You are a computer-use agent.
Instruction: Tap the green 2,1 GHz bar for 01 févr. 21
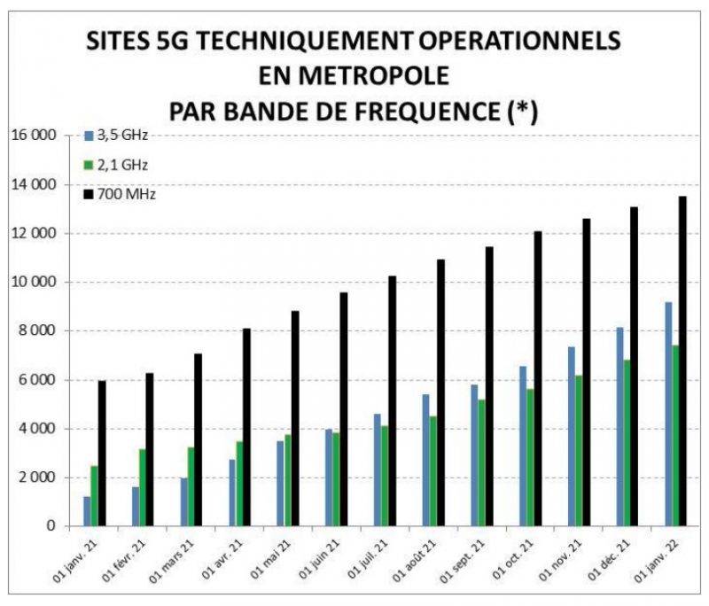[143, 487]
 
